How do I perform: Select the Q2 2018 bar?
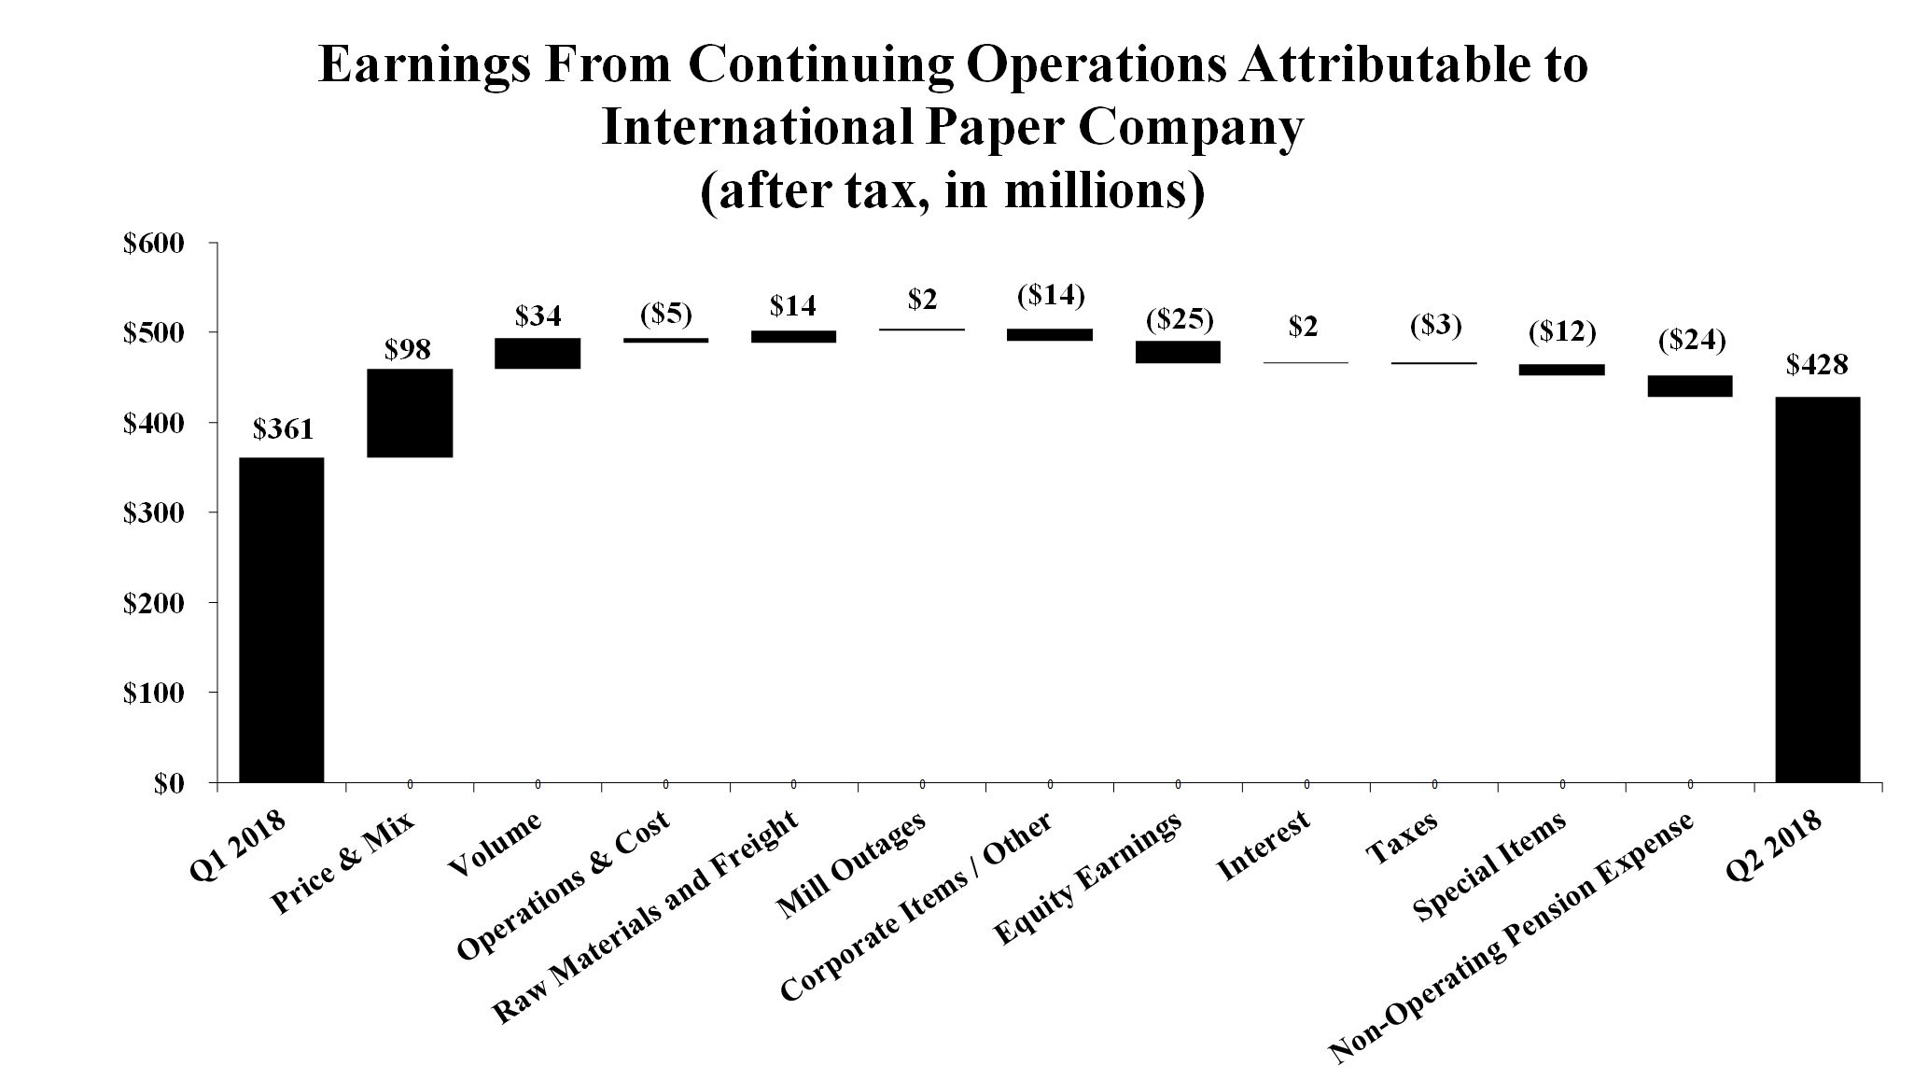1817,589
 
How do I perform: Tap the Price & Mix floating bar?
410,413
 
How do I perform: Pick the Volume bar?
538,353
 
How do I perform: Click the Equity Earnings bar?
1178,352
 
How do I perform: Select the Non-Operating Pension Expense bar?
1689,386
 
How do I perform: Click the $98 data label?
408,350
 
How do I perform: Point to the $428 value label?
1816,366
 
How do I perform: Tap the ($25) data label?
1180,320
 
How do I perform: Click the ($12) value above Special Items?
1562,331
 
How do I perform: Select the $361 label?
283,429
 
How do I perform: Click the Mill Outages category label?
851,866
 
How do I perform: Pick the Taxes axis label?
1401,837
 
